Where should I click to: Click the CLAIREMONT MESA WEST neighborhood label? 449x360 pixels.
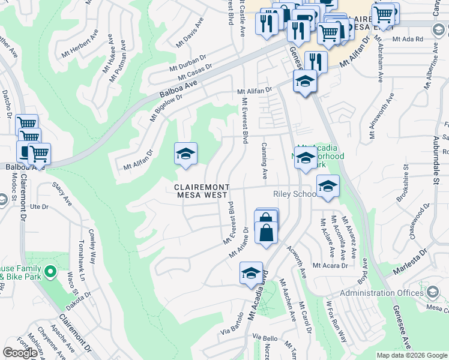coord(201,191)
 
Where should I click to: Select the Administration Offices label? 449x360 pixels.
coord(382,293)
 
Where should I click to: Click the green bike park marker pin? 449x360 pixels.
coord(50,273)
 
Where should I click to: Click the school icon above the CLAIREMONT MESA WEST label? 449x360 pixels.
coord(185,154)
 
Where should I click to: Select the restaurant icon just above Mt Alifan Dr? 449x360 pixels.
coord(316,62)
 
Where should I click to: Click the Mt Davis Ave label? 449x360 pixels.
coord(190,32)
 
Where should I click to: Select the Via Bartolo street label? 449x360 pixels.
coord(232,324)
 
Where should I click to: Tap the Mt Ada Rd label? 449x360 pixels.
coord(407,39)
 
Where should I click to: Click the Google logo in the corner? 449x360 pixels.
coord(20,353)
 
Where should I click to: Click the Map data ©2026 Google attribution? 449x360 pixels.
coord(411,355)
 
